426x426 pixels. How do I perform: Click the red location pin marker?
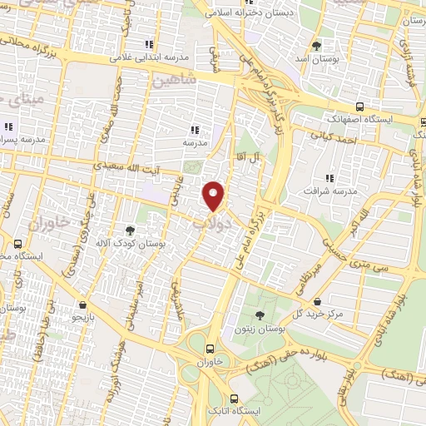point(215,196)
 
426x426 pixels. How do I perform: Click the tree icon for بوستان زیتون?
point(260,315)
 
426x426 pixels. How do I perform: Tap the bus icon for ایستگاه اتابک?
point(235,398)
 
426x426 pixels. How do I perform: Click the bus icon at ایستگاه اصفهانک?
point(359,106)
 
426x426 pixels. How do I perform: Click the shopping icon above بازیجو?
point(82,305)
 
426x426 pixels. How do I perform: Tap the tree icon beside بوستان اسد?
point(317,45)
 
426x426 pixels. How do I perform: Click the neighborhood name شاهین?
point(174,82)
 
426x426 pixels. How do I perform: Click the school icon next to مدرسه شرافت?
point(330,177)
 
